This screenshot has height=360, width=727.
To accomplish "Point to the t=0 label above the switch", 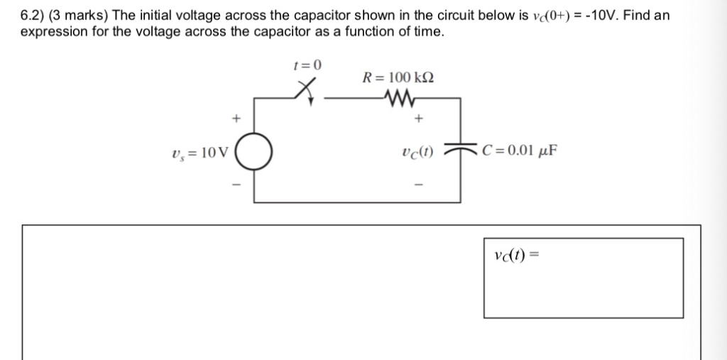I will click(x=307, y=65).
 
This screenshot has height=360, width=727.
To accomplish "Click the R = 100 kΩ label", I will click(x=398, y=77).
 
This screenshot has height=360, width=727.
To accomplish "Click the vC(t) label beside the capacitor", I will click(x=418, y=151).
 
